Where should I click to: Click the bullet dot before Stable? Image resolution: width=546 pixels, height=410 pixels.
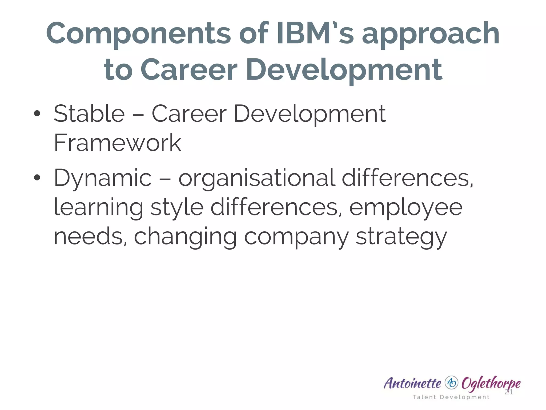[x=37, y=114]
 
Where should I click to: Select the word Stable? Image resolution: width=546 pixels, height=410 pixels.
[x=89, y=113]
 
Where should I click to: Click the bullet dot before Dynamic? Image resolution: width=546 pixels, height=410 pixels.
[x=37, y=178]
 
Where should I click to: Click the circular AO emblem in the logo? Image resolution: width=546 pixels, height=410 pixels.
[x=451, y=383]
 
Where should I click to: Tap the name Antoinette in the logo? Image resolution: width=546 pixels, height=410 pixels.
[x=412, y=383]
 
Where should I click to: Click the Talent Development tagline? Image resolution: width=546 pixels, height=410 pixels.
[x=451, y=397]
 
